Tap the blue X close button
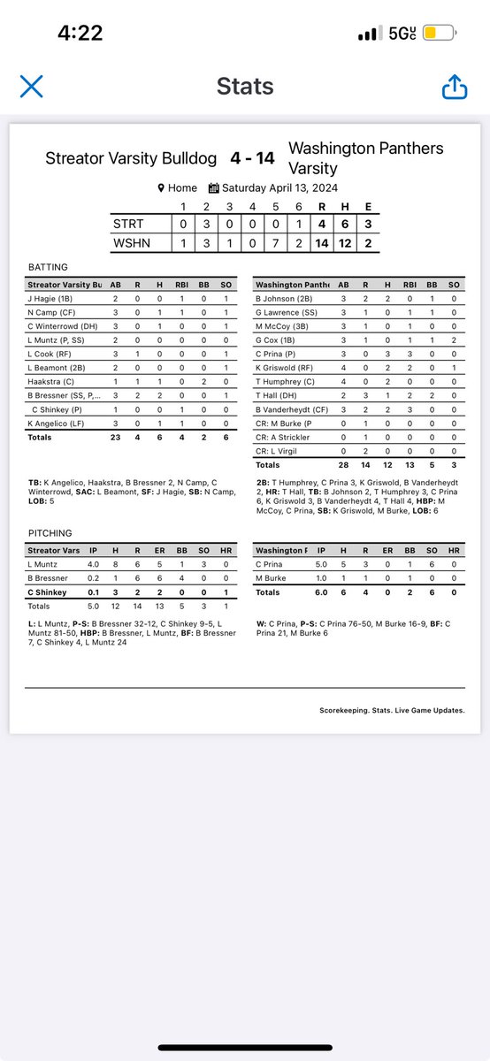31,86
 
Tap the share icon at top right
454,86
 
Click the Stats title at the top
244,87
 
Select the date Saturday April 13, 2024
272,187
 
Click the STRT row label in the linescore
130,223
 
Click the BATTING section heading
49,267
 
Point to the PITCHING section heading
50,533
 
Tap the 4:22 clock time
80,34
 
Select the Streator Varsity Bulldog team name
131,159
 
